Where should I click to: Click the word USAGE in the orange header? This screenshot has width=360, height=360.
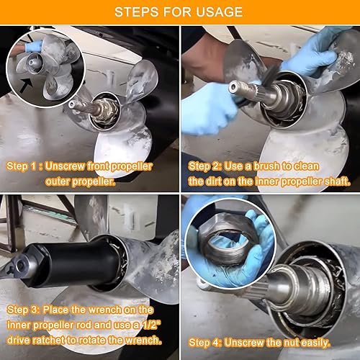[x=220, y=12]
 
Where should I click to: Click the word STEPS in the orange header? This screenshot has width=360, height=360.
[x=137, y=12]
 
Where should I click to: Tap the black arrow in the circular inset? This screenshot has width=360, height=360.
[x=26, y=86]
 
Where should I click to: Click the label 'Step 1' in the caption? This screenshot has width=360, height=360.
[x=22, y=166]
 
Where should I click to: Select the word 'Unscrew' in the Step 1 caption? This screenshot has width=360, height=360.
[x=65, y=166]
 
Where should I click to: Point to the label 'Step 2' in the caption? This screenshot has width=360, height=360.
[x=204, y=166]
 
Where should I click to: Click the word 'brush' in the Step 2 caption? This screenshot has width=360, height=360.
[x=266, y=166]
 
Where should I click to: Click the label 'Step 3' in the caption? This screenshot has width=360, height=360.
[x=22, y=310]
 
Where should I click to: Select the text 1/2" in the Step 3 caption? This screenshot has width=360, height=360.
[x=151, y=325]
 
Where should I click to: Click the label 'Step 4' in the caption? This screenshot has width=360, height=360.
[x=204, y=343]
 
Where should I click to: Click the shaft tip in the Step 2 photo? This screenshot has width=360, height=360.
[x=234, y=87]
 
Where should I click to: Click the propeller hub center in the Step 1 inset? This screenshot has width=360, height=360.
[x=32, y=63]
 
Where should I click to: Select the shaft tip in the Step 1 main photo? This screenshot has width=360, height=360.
[x=73, y=104]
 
